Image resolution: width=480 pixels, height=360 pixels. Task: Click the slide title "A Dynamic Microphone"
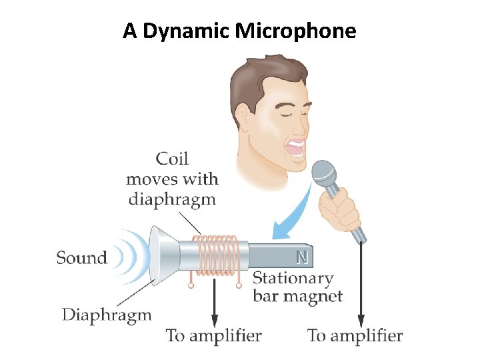click(239, 31)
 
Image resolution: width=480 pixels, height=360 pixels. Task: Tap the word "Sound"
click(81, 258)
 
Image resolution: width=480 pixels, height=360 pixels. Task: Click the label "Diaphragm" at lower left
click(107, 314)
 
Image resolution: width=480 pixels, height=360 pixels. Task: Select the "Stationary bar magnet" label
click(297, 287)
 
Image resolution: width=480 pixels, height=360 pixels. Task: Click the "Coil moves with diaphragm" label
click(172, 178)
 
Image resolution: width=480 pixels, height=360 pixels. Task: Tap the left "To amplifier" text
click(214, 335)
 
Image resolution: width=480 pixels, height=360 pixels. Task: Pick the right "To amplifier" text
click(355, 335)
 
